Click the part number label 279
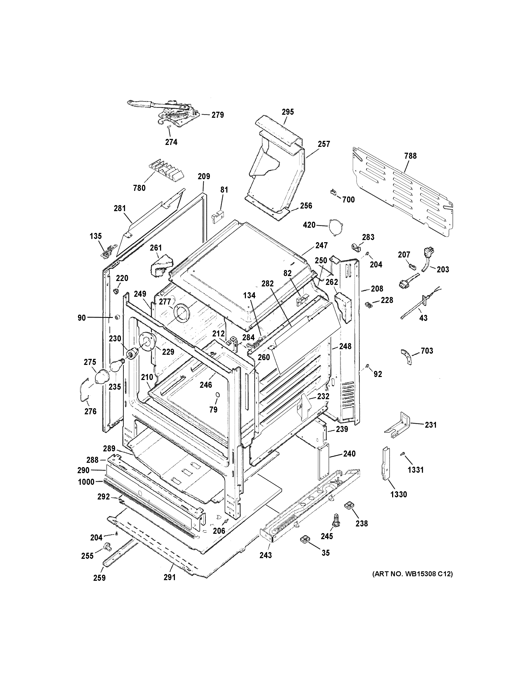[x=218, y=115]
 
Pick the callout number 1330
[x=398, y=503]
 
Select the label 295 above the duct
[x=288, y=112]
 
